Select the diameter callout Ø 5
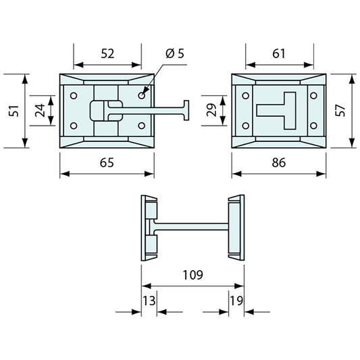point(174,53)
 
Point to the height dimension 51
point(12,110)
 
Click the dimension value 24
point(41,110)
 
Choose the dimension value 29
point(211,110)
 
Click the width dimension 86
point(279,162)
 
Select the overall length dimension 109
point(192,276)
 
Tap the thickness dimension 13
point(149,300)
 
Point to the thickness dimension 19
point(236,300)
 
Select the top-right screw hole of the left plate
point(142,95)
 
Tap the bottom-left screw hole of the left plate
point(74,125)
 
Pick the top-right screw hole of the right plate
point(312,95)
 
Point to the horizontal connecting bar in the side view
point(192,224)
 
